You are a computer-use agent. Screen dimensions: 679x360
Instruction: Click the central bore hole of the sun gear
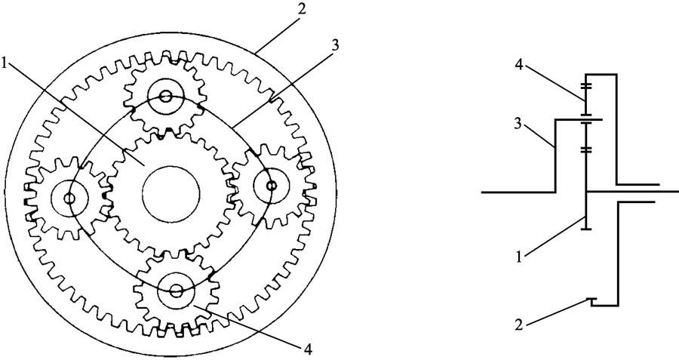(x=171, y=194)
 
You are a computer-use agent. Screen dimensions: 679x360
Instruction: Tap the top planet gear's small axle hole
(x=165, y=96)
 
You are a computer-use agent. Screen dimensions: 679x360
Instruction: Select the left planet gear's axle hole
(x=69, y=198)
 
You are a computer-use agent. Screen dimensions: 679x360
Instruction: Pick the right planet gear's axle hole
(x=272, y=186)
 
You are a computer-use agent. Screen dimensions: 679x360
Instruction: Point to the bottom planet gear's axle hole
(x=176, y=291)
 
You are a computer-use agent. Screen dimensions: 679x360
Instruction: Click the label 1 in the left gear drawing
(x=5, y=63)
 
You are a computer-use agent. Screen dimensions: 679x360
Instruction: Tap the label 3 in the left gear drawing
(x=335, y=45)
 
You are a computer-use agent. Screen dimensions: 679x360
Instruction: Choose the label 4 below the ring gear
(x=308, y=349)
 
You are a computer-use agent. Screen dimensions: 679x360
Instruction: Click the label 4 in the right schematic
(x=519, y=65)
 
